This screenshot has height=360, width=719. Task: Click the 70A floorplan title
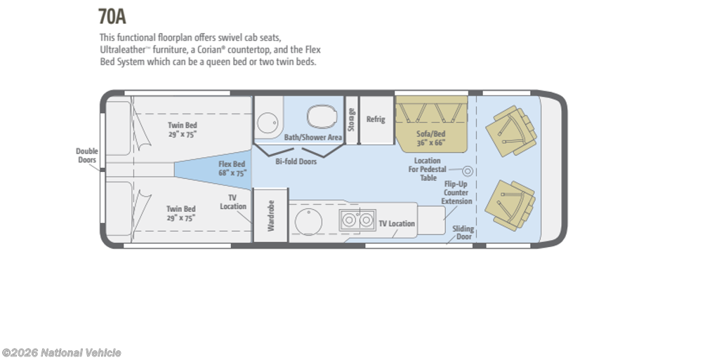pyautogui.click(x=112, y=16)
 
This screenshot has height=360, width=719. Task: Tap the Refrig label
pyautogui.click(x=376, y=119)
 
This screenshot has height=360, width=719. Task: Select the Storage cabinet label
pyautogui.click(x=351, y=119)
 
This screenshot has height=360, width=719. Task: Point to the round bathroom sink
pyautogui.click(x=268, y=122)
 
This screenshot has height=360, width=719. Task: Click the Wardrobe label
pyautogui.click(x=270, y=215)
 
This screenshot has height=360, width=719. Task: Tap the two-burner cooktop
pyautogui.click(x=357, y=220)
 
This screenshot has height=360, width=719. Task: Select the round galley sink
pyautogui.click(x=308, y=222)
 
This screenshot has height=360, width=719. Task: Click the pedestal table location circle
pyautogui.click(x=467, y=171)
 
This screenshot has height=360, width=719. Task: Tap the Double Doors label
pyautogui.click(x=86, y=155)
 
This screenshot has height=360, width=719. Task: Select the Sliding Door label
pyautogui.click(x=463, y=233)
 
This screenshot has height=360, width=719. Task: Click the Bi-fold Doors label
pyautogui.click(x=296, y=161)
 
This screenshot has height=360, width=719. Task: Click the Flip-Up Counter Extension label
pyautogui.click(x=456, y=192)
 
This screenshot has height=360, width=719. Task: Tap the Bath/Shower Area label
pyautogui.click(x=313, y=137)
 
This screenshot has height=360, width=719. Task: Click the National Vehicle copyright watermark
pyautogui.click(x=62, y=353)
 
